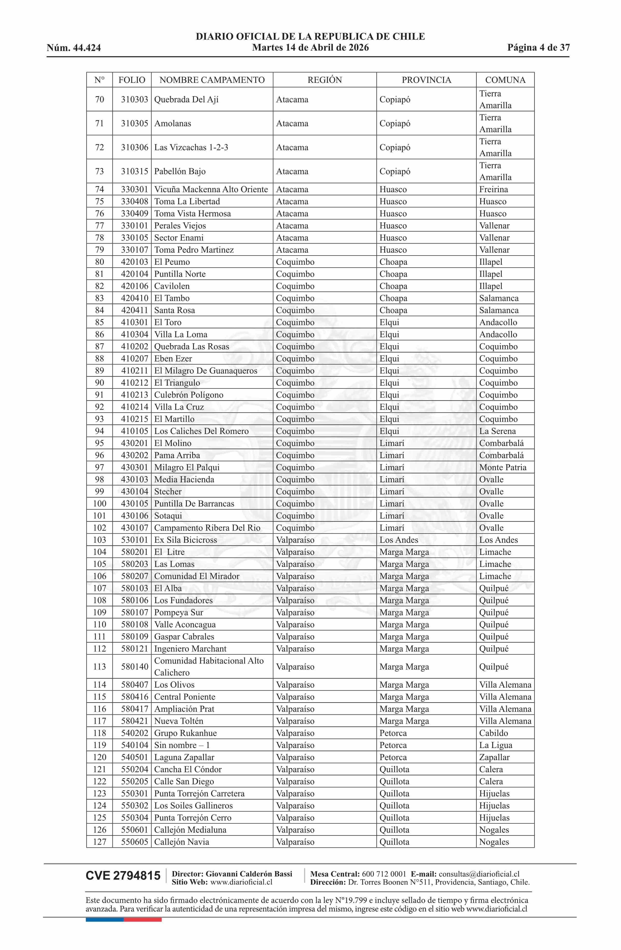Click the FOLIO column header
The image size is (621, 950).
[x=132, y=80]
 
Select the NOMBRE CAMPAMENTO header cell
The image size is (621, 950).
[x=212, y=80]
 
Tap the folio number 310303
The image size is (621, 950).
[x=134, y=99]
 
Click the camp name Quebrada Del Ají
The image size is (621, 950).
[x=186, y=99]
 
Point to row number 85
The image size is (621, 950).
[x=99, y=322]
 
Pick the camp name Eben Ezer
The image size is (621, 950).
[x=173, y=359]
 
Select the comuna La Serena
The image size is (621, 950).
[x=497, y=431]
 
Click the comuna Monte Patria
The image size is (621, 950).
[x=502, y=467]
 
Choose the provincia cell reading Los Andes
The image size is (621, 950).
[x=399, y=540]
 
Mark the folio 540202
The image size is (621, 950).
[x=134, y=733]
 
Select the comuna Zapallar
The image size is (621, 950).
[x=494, y=757]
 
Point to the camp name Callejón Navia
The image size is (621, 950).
[x=182, y=842]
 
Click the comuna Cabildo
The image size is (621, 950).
[x=493, y=733]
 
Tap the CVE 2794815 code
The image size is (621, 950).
[x=123, y=876]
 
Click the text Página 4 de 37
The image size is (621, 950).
[x=538, y=48]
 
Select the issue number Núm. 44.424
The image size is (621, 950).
[x=74, y=48]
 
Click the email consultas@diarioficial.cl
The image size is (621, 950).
[x=479, y=874]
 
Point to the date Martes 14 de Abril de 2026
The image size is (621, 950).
[x=310, y=48]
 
